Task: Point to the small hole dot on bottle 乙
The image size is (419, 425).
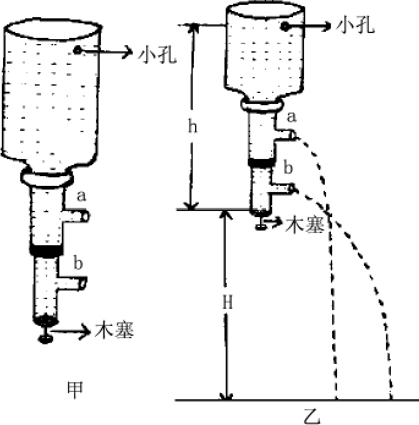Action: coord(284,26)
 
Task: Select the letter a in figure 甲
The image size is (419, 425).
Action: coord(81,197)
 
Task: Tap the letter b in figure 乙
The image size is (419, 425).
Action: coord(288,167)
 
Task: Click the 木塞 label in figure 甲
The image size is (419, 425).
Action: coord(114,331)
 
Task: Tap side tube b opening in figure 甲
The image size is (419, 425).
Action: coord(86,284)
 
